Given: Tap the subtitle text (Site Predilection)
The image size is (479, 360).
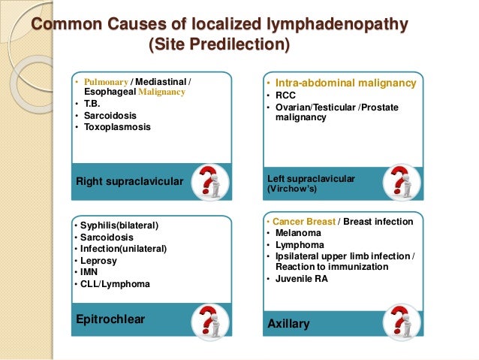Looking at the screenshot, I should tap(218, 46).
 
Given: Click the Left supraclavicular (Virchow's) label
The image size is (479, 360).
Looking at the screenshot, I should tap(311, 183).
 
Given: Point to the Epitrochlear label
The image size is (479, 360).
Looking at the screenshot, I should tap(110, 319).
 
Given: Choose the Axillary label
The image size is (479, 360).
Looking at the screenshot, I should tap(288, 324).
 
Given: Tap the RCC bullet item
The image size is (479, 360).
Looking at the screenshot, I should tap(286, 95).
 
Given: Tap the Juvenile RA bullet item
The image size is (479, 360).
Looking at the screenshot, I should tap(304, 279).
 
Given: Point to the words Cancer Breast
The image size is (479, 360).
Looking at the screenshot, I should tap(303, 222).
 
